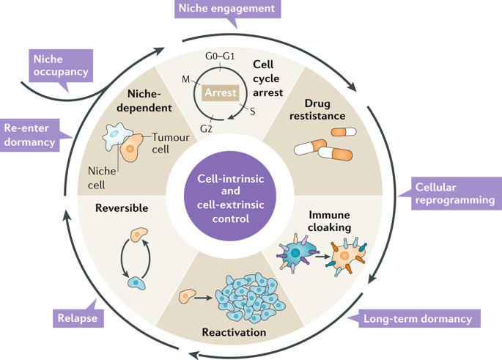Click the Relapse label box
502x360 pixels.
pos(77,318)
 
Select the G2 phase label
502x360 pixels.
pos(207,130)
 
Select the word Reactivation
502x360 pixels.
pos(233,333)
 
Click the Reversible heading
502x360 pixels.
pos(122,208)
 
